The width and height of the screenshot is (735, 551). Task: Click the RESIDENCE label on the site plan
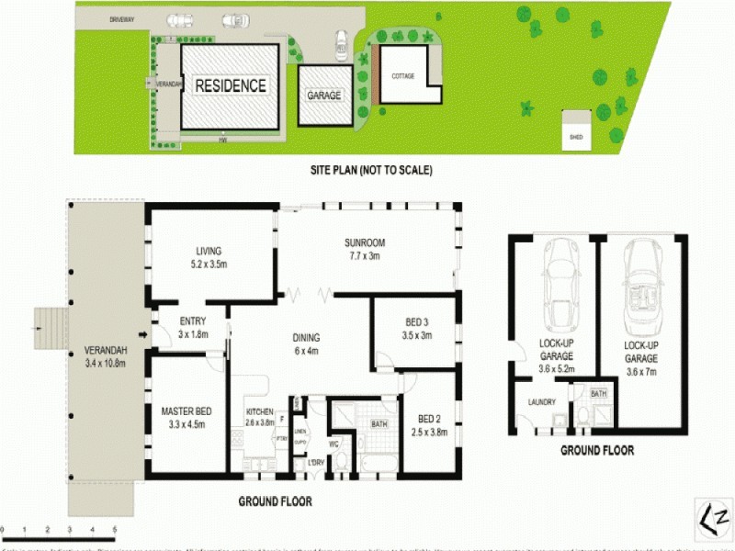pyautogui.click(x=230, y=86)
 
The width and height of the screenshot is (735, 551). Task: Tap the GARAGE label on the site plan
pyautogui.click(x=323, y=96)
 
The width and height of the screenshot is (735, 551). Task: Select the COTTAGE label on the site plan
pyautogui.click(x=402, y=76)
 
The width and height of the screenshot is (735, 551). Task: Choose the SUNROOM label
pyautogui.click(x=364, y=242)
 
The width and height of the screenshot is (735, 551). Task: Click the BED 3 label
pyautogui.click(x=417, y=322)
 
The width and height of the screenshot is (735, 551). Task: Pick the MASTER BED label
pyautogui.click(x=187, y=410)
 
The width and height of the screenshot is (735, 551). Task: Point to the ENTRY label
pyautogui.click(x=193, y=320)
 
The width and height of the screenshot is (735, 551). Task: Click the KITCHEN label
pyautogui.click(x=260, y=411)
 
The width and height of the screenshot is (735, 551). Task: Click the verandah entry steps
pyautogui.click(x=51, y=328)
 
